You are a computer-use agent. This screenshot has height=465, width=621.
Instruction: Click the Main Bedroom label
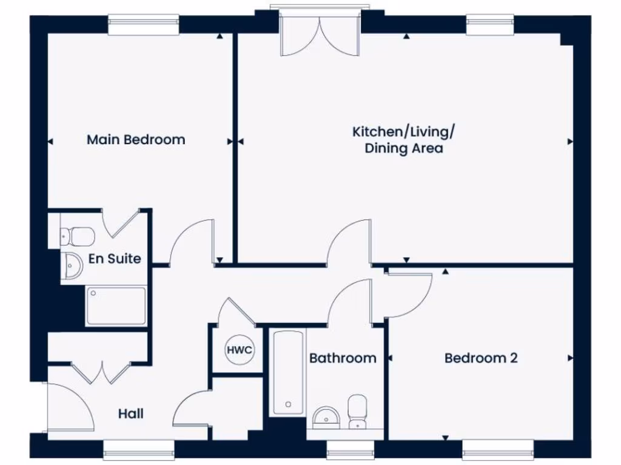click(x=136, y=140)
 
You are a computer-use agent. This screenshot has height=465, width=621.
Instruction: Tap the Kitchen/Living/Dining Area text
click(x=403, y=140)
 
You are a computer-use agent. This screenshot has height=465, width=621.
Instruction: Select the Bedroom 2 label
click(x=481, y=358)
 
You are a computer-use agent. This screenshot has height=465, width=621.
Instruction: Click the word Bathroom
click(x=343, y=358)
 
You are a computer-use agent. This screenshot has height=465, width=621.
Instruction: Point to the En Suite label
click(x=115, y=259)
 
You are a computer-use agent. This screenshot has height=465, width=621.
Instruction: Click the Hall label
click(x=131, y=414)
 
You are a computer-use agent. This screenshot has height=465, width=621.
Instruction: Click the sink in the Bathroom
click(x=326, y=417)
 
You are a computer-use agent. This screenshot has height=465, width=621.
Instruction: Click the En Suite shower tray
click(x=116, y=306)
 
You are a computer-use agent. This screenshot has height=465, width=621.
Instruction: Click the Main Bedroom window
click(x=144, y=24)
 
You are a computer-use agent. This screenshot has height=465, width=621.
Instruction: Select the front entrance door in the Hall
click(x=69, y=406)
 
